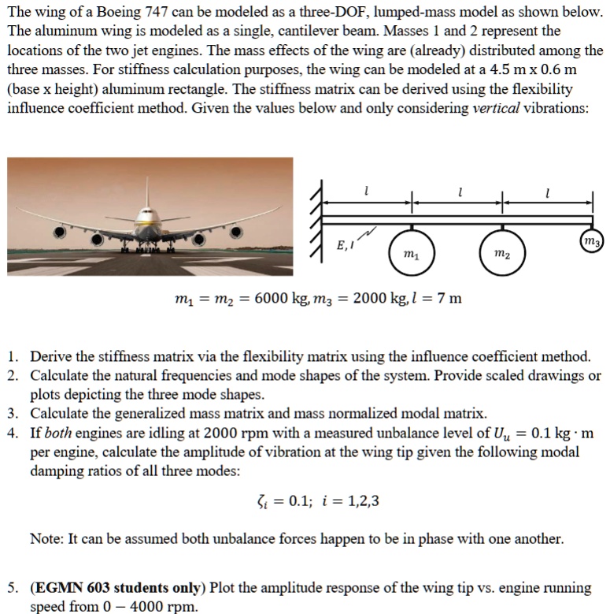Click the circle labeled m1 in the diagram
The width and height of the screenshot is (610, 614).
pos(410,252)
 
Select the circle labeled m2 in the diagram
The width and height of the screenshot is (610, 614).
pos(501,252)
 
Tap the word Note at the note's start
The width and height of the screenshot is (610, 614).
pos(46,539)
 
